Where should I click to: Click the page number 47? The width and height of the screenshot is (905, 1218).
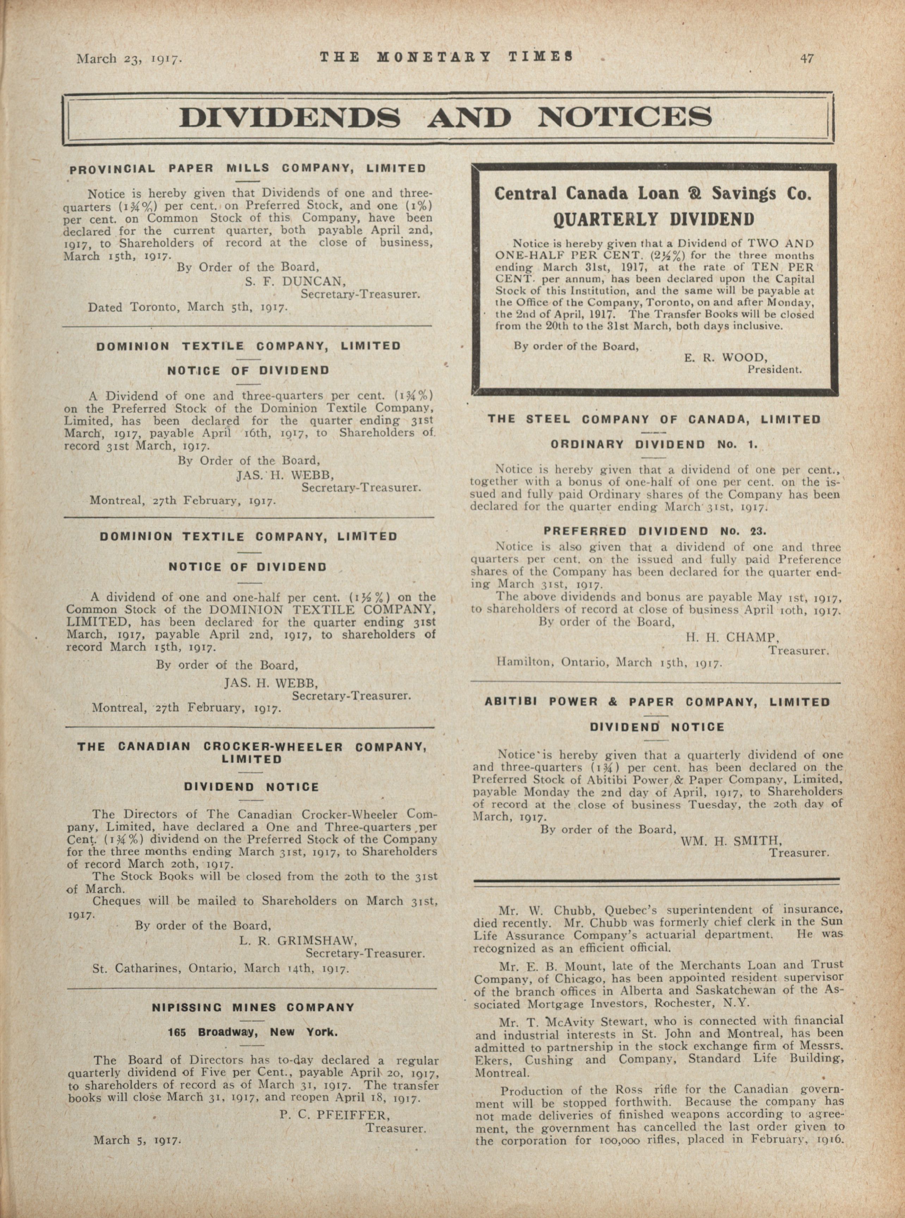[x=806, y=58]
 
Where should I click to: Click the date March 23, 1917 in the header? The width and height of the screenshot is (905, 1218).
[x=129, y=59]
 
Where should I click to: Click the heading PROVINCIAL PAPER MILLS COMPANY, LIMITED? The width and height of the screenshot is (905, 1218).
[x=248, y=169]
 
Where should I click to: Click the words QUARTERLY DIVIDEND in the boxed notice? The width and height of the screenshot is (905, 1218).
[x=653, y=219]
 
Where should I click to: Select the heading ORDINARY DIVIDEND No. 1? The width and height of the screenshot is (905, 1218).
[x=654, y=445]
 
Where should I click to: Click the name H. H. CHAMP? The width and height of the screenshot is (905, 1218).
[x=732, y=638]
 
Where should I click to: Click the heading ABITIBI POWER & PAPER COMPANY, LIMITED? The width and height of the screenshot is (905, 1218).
[x=657, y=702]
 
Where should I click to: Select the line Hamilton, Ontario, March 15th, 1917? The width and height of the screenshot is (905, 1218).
[x=610, y=662]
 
